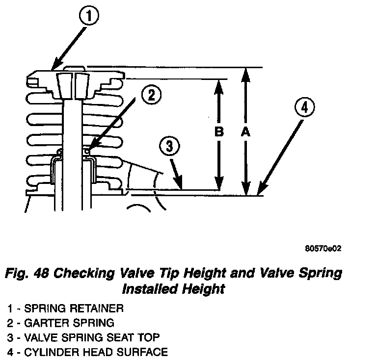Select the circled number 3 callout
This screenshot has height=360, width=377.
[169, 146]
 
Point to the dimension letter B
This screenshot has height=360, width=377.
[219, 132]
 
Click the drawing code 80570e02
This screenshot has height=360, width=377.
[323, 248]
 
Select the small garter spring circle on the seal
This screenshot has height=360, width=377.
[86, 151]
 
